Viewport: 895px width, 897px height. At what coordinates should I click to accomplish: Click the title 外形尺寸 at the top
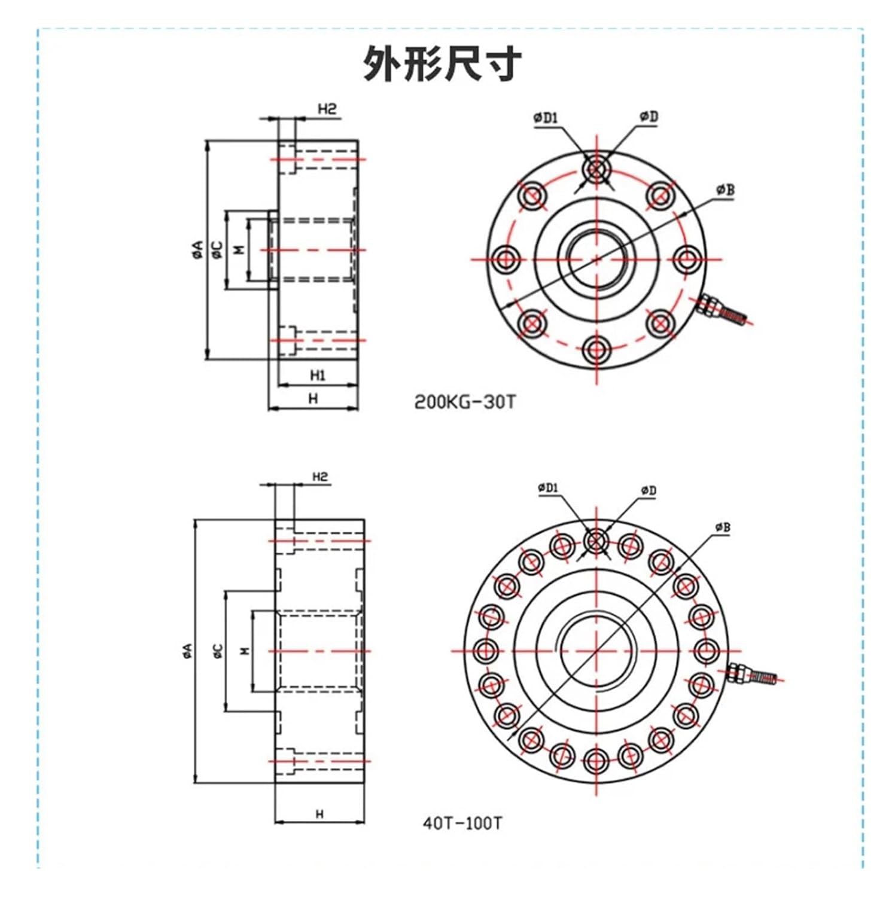coord(442,63)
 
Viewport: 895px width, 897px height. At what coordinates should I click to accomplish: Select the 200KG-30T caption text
coord(464,402)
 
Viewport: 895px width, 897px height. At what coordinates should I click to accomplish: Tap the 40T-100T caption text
coord(462,823)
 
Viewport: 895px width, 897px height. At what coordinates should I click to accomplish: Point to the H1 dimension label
coord(317,376)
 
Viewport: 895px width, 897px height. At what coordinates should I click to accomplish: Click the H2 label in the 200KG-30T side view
coord(327,109)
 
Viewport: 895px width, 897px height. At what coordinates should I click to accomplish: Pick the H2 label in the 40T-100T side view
coord(320,477)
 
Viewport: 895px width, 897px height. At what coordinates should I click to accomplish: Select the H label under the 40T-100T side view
coord(319,814)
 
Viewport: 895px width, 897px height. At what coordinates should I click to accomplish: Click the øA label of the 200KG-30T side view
coord(198,249)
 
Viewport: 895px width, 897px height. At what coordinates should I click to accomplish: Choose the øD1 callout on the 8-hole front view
coord(545,118)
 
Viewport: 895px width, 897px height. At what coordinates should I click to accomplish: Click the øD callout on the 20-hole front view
coord(649,490)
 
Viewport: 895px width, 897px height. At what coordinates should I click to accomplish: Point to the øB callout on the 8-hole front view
coord(724,190)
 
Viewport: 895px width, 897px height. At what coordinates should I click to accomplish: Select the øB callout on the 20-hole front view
coord(722,527)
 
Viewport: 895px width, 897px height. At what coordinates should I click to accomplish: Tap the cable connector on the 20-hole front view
coord(753,675)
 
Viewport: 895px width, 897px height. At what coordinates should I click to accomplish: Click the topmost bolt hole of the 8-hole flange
coord(596,169)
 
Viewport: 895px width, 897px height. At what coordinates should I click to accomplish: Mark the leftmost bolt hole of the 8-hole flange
coord(505,259)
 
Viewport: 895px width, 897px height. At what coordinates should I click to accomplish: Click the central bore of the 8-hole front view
coord(596,259)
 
